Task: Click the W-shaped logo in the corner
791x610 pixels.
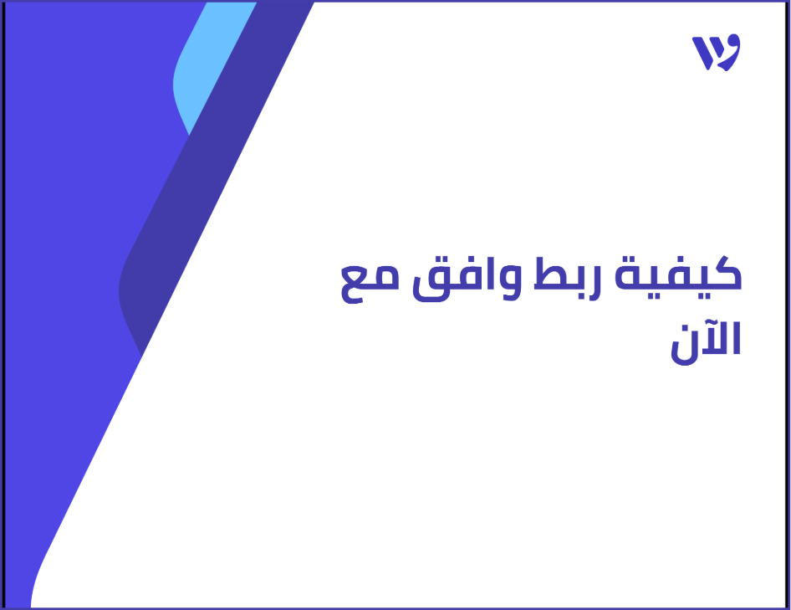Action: click(716, 53)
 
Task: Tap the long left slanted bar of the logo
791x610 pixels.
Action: click(702, 53)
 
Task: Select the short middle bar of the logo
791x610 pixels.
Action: click(715, 57)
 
